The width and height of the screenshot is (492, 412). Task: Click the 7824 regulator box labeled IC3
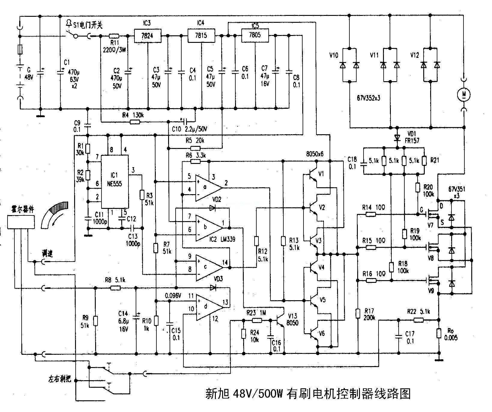(147, 36)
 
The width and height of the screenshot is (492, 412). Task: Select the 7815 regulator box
(201, 35)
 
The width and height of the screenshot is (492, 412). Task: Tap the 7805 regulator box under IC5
(255, 35)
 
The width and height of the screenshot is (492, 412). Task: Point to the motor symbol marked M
(464, 95)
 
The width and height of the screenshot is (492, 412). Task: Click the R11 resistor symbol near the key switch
(114, 36)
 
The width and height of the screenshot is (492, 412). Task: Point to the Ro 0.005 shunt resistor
(439, 333)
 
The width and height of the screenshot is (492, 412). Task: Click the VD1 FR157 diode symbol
(397, 138)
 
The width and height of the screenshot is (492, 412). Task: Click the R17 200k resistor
(358, 313)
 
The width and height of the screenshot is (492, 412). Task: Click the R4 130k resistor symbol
(135, 122)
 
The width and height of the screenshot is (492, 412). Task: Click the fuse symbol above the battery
(20, 49)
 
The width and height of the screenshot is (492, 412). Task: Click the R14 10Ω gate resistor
(371, 214)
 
